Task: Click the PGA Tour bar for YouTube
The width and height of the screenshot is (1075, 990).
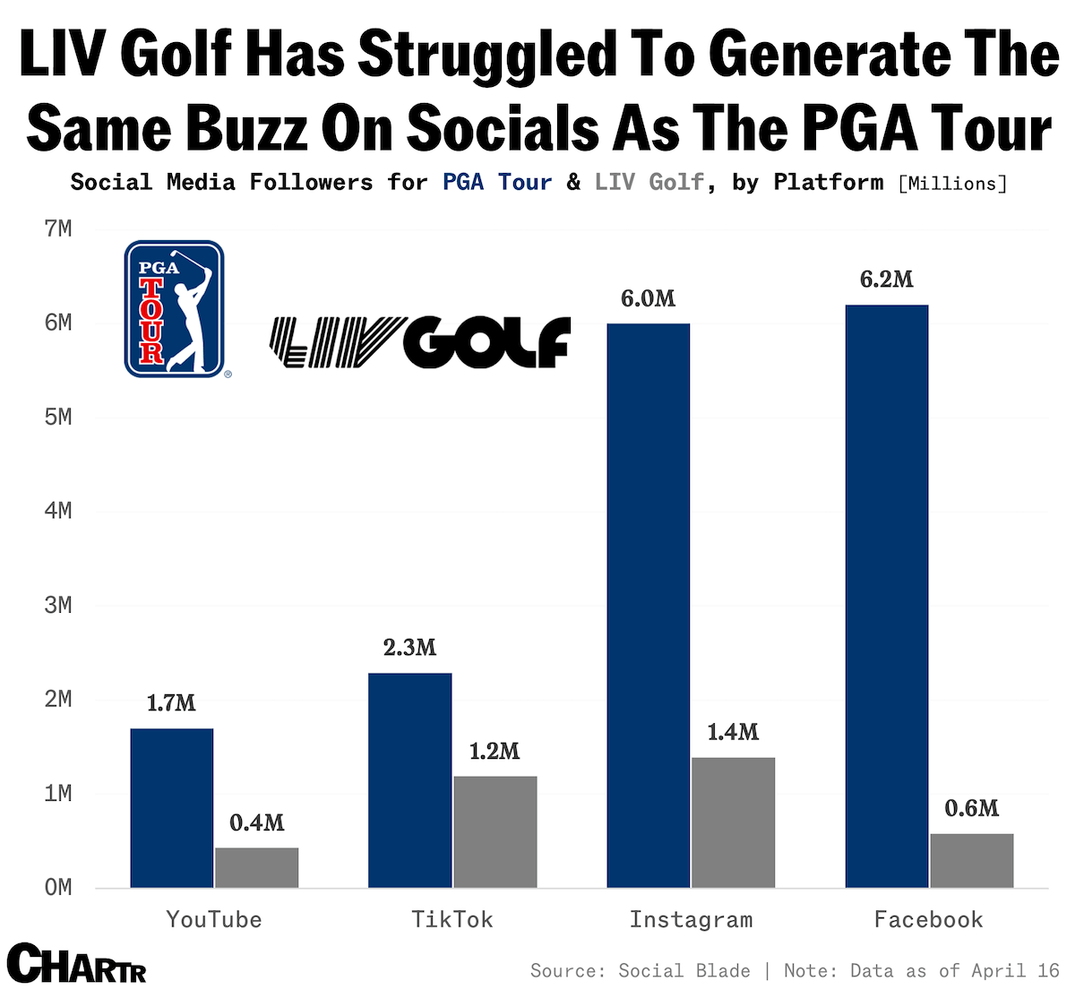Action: pyautogui.click(x=172, y=808)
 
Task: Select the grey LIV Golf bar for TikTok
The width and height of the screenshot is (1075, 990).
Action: pyautogui.click(x=494, y=831)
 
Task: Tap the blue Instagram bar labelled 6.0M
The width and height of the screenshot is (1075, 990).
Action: pyautogui.click(x=648, y=606)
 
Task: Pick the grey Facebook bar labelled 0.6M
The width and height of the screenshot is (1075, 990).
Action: pyautogui.click(x=971, y=860)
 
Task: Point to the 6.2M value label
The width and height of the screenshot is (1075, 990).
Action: pyautogui.click(x=886, y=280)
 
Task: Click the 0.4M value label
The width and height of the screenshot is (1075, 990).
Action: pyautogui.click(x=256, y=822)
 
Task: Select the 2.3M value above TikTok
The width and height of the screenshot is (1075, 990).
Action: pyautogui.click(x=409, y=648)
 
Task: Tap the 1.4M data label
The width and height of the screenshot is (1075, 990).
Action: pyautogui.click(x=733, y=732)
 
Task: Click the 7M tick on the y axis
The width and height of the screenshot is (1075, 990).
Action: pyautogui.click(x=57, y=229)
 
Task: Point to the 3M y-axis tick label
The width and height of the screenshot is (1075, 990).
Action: pyautogui.click(x=57, y=606)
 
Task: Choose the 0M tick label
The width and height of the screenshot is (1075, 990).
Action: pyautogui.click(x=57, y=888)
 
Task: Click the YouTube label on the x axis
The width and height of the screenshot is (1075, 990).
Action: pyautogui.click(x=214, y=919)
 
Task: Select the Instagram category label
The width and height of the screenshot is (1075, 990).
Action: pyautogui.click(x=691, y=919)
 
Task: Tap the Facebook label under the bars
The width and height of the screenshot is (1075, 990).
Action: pyautogui.click(x=928, y=919)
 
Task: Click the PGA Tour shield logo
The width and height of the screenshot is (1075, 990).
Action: pyautogui.click(x=174, y=308)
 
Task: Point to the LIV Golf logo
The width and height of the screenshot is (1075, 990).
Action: pyautogui.click(x=419, y=342)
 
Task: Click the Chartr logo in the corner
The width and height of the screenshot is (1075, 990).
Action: pyautogui.click(x=77, y=964)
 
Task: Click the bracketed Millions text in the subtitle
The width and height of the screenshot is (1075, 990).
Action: pyautogui.click(x=952, y=184)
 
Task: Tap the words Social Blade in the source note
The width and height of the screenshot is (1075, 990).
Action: pyautogui.click(x=684, y=971)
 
